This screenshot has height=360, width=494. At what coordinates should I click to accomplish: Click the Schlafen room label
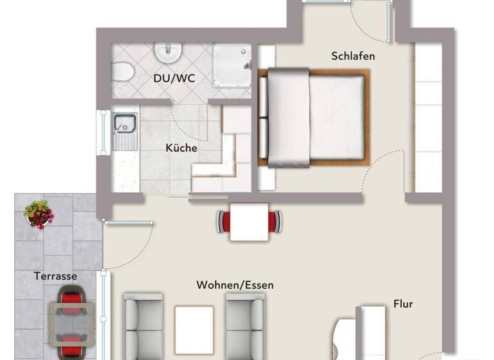[x=353, y=56]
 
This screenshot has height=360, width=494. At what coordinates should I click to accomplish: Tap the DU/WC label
[x=174, y=78]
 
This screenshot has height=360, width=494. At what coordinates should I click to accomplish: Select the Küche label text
[x=181, y=148]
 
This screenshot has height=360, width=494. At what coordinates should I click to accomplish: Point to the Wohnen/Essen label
[x=235, y=285]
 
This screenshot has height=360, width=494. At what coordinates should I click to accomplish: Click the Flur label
[x=403, y=304]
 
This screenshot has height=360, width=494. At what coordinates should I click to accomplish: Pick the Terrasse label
[x=55, y=276]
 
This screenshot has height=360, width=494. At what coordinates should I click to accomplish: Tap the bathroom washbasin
[x=168, y=53]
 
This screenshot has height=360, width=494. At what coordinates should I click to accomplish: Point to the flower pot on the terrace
[x=40, y=214]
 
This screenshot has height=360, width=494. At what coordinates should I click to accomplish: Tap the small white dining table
[x=249, y=222]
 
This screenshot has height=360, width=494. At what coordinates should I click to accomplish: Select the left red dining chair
[x=224, y=222]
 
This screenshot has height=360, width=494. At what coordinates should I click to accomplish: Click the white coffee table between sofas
[x=194, y=327]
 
